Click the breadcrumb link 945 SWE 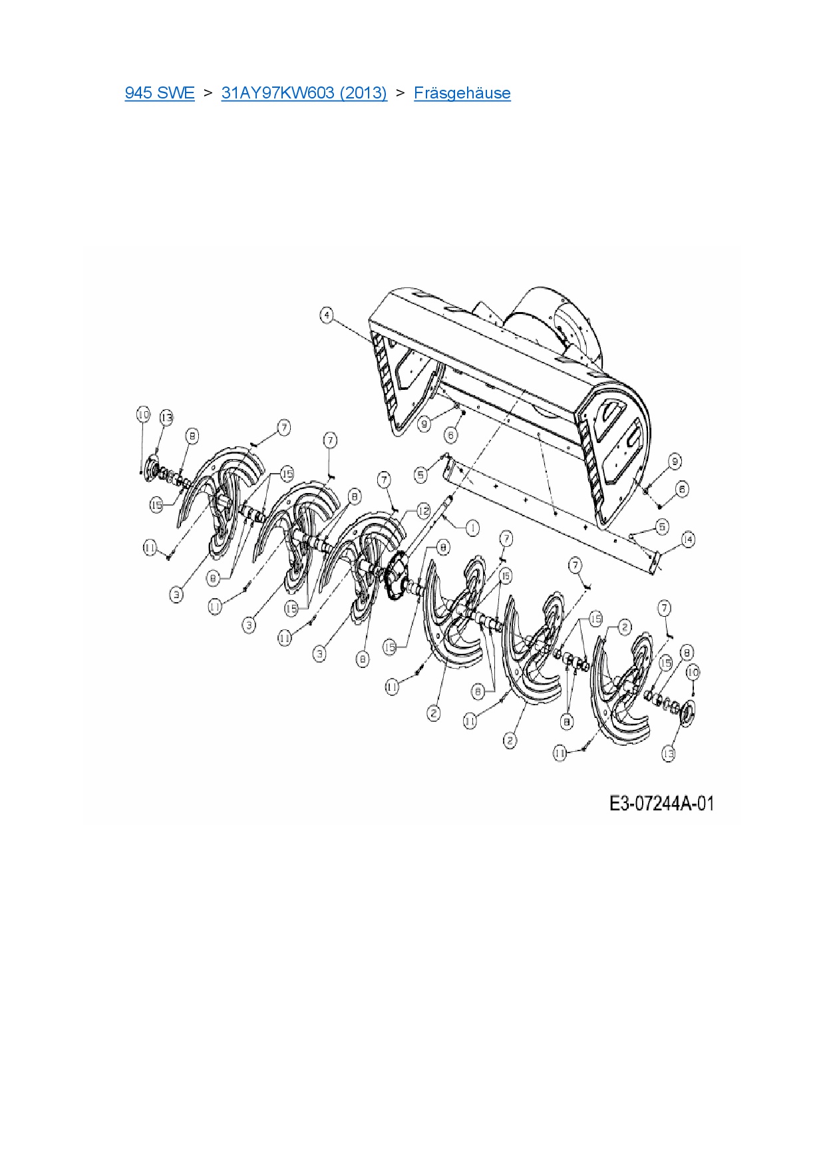click(160, 92)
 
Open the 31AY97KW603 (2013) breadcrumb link click(304, 92)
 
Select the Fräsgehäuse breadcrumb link click(462, 92)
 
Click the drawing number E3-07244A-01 click(661, 804)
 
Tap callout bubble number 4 click(327, 315)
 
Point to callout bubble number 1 click(472, 528)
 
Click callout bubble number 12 click(424, 511)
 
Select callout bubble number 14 click(688, 539)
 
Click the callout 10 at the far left click(143, 415)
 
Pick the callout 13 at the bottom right click(669, 753)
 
